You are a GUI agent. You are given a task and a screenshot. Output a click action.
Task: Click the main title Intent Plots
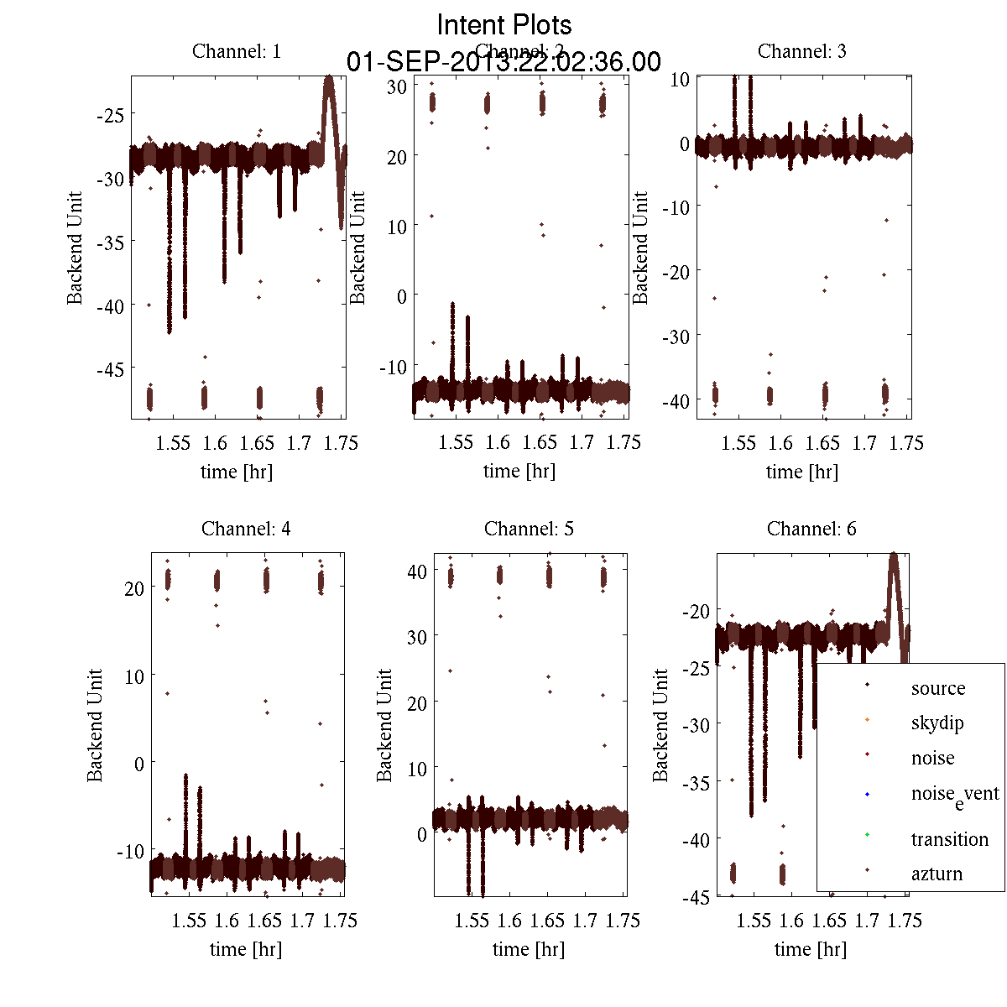tap(504, 24)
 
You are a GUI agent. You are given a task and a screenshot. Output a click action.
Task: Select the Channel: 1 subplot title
tap(237, 51)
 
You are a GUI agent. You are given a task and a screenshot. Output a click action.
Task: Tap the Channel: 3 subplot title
tap(801, 51)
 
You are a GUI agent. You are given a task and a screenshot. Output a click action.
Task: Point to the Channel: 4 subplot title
tap(246, 529)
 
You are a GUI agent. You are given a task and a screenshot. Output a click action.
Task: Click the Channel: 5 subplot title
tap(529, 529)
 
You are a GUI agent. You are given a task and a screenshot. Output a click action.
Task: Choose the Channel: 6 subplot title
tap(811, 529)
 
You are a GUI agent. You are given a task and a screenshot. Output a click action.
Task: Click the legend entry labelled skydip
tap(937, 723)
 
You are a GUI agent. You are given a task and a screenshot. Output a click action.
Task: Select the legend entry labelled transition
tap(950, 839)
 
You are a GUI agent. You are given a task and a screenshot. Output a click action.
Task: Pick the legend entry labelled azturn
tap(937, 874)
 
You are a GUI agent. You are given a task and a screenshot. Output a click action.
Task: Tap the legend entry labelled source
tap(938, 688)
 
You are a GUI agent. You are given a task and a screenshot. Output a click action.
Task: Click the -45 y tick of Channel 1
tap(111, 369)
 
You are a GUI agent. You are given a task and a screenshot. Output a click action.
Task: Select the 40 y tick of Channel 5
tap(416, 571)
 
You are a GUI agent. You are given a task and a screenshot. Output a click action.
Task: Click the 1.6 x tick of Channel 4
tap(227, 921)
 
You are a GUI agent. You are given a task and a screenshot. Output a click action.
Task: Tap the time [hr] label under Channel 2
tap(519, 472)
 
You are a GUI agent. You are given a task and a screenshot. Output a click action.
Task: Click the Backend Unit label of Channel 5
tap(384, 725)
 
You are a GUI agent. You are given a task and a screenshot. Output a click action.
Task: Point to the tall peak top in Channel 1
tap(329, 78)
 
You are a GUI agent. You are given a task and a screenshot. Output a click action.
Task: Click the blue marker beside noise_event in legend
tap(867, 794)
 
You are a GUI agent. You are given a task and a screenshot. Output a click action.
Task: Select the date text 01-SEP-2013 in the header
tap(430, 62)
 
